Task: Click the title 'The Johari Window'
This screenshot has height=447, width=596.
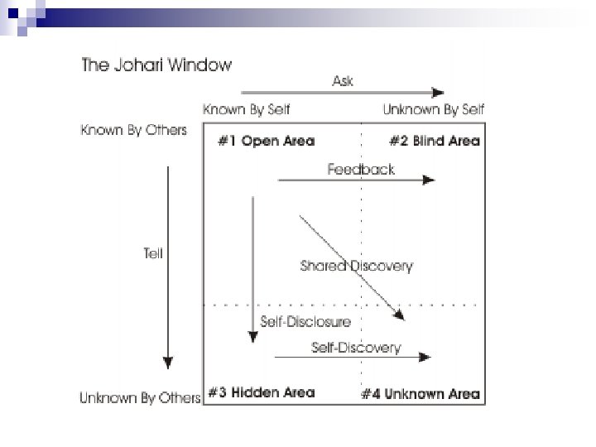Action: [x=156, y=65]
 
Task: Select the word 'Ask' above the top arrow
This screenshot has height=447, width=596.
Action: [x=343, y=80]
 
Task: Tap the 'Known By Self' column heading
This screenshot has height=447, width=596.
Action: [x=247, y=109]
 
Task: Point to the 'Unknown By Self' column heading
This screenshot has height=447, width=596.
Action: [x=434, y=109]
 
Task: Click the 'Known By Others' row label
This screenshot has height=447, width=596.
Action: [x=133, y=130]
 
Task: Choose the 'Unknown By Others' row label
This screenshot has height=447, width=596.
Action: [x=140, y=398]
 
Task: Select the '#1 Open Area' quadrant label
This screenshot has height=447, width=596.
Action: [x=266, y=141]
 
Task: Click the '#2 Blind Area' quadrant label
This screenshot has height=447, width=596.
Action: [x=434, y=141]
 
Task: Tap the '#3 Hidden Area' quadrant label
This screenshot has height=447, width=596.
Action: [x=261, y=392]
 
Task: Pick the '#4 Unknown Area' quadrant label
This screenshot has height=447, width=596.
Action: [x=421, y=393]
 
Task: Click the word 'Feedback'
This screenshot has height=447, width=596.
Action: [x=361, y=169]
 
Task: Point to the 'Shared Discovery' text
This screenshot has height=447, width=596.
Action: [x=356, y=266]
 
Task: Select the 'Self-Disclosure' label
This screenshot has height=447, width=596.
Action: [x=305, y=321]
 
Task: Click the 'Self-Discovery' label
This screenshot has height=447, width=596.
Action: [x=356, y=347]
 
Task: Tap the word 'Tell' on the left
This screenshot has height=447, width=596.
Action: [x=153, y=254]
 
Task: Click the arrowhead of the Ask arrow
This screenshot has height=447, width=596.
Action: [x=439, y=93]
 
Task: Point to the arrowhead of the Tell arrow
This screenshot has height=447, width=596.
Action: [x=168, y=363]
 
